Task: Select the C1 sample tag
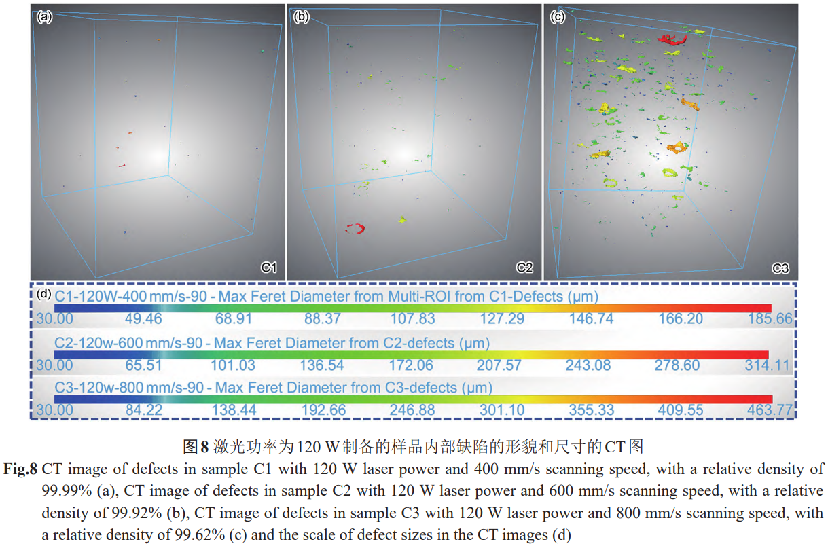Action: tap(269, 268)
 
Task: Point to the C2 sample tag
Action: tap(524, 268)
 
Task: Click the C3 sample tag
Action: tap(780, 268)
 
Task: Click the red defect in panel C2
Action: tap(355, 228)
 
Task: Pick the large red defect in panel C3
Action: tap(673, 39)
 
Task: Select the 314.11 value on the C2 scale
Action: tap(768, 365)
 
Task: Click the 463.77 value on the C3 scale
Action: tap(770, 410)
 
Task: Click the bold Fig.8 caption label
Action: tap(22, 469)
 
